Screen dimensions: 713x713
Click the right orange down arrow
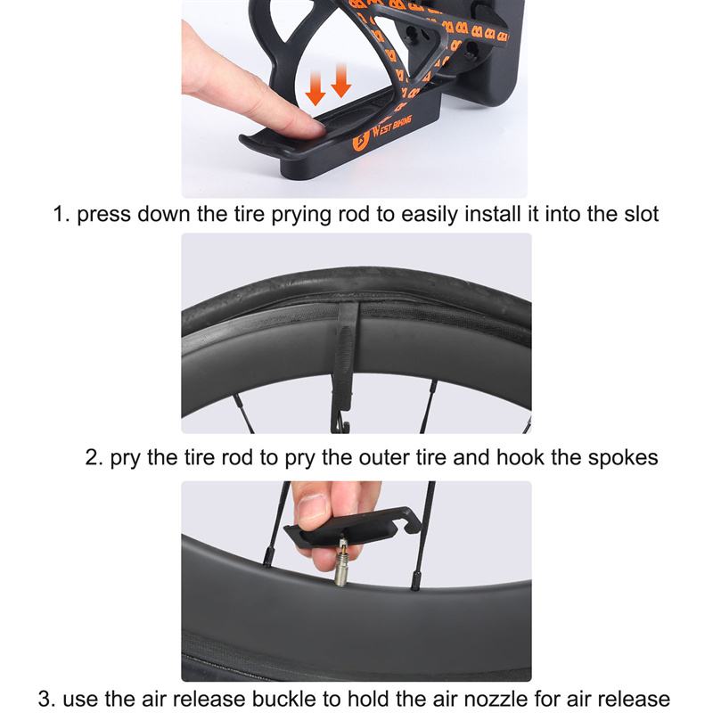click(x=341, y=80)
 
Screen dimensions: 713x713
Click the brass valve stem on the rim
click(x=341, y=562)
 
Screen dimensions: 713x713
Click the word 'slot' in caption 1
click(x=641, y=214)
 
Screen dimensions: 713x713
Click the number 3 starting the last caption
click(x=44, y=700)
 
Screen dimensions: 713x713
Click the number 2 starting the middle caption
click(x=92, y=457)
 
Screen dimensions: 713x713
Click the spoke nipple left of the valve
click(x=268, y=557)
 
